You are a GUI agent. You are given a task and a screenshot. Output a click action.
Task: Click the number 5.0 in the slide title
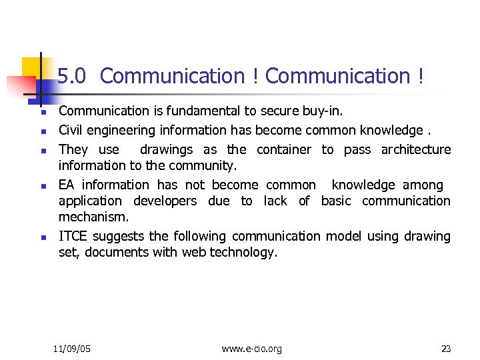coord(72,77)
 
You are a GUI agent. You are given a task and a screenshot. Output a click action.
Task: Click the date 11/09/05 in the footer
coord(72,349)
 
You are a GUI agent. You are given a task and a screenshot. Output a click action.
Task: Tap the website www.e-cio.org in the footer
coord(251,349)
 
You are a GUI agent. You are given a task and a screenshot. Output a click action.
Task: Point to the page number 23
coord(446,349)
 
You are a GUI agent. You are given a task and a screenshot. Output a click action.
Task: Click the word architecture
coord(416,149)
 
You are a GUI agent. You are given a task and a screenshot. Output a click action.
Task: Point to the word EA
coord(67,185)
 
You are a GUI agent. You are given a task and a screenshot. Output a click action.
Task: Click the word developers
coord(165,201)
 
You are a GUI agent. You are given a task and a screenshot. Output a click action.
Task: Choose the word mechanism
coord(94,217)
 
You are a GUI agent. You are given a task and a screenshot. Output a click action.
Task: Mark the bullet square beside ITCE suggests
coord(41,237)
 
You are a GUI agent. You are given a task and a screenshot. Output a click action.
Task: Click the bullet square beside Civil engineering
coord(41,130)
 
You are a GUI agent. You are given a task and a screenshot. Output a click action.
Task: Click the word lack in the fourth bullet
coord(276,201)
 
